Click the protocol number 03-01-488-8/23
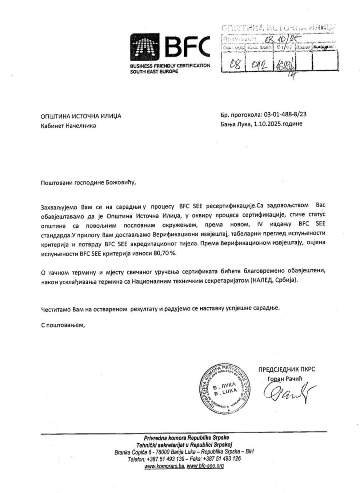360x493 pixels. click(x=285, y=115)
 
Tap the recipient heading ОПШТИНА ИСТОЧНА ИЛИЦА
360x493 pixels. click(x=81, y=116)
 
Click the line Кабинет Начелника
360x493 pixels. click(x=68, y=126)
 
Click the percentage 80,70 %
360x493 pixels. click(x=165, y=253)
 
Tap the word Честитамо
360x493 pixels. click(x=55, y=308)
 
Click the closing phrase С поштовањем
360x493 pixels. click(x=63, y=325)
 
